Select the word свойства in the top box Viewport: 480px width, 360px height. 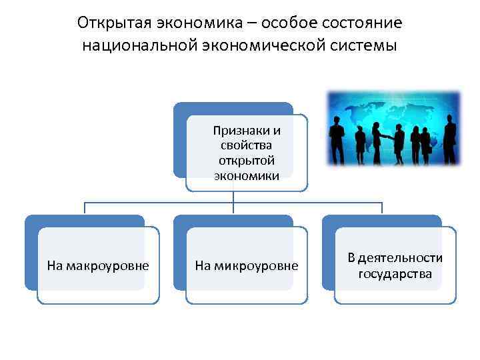point(247,145)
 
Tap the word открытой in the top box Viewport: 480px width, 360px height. point(247,161)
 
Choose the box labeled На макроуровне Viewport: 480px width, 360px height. point(98,266)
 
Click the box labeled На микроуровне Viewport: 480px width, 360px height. point(247,266)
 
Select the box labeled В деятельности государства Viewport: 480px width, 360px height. point(395,266)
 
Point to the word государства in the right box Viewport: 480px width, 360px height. point(395,274)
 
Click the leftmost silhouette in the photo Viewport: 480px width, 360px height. point(337,139)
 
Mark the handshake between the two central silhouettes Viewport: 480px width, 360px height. point(389,137)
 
